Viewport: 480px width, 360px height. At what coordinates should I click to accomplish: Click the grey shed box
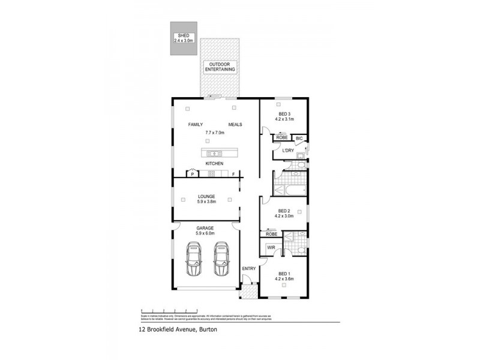(184, 40)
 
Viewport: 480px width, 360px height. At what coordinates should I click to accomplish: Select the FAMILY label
(195, 124)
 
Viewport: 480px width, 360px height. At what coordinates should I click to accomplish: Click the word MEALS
(235, 124)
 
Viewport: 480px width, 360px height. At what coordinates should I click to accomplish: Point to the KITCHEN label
(215, 163)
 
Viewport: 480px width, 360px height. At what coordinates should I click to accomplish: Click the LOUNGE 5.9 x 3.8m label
(206, 199)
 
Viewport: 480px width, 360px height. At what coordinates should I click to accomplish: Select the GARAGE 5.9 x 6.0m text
(205, 230)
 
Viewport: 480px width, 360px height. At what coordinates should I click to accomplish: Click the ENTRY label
(249, 268)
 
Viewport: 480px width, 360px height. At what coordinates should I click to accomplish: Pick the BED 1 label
(284, 276)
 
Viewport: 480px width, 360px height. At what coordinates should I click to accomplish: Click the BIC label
(299, 138)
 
